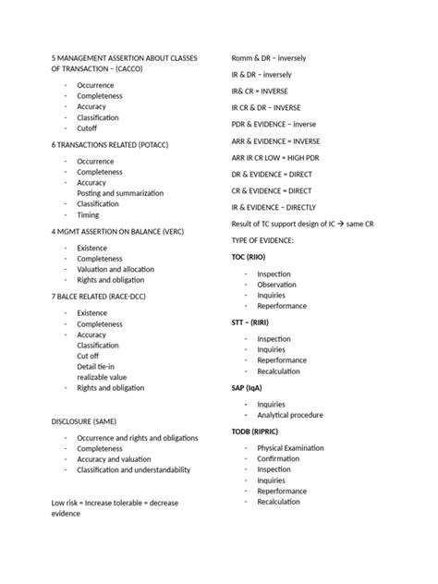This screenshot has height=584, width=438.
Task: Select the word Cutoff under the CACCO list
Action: click(87, 128)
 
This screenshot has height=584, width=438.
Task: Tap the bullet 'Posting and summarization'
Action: click(120, 193)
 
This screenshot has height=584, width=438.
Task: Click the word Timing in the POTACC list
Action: click(88, 214)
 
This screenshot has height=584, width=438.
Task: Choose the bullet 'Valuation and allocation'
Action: click(114, 269)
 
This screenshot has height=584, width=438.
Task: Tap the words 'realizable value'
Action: click(102, 377)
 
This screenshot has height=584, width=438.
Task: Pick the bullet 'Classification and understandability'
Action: click(133, 469)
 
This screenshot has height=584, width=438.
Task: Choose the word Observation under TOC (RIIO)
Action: click(276, 285)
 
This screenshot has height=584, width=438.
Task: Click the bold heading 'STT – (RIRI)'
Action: click(250, 323)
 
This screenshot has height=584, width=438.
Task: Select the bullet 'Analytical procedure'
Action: click(290, 415)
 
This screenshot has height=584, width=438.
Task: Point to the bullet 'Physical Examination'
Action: click(290, 448)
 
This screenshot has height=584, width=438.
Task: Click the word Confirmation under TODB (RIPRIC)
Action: click(278, 458)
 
